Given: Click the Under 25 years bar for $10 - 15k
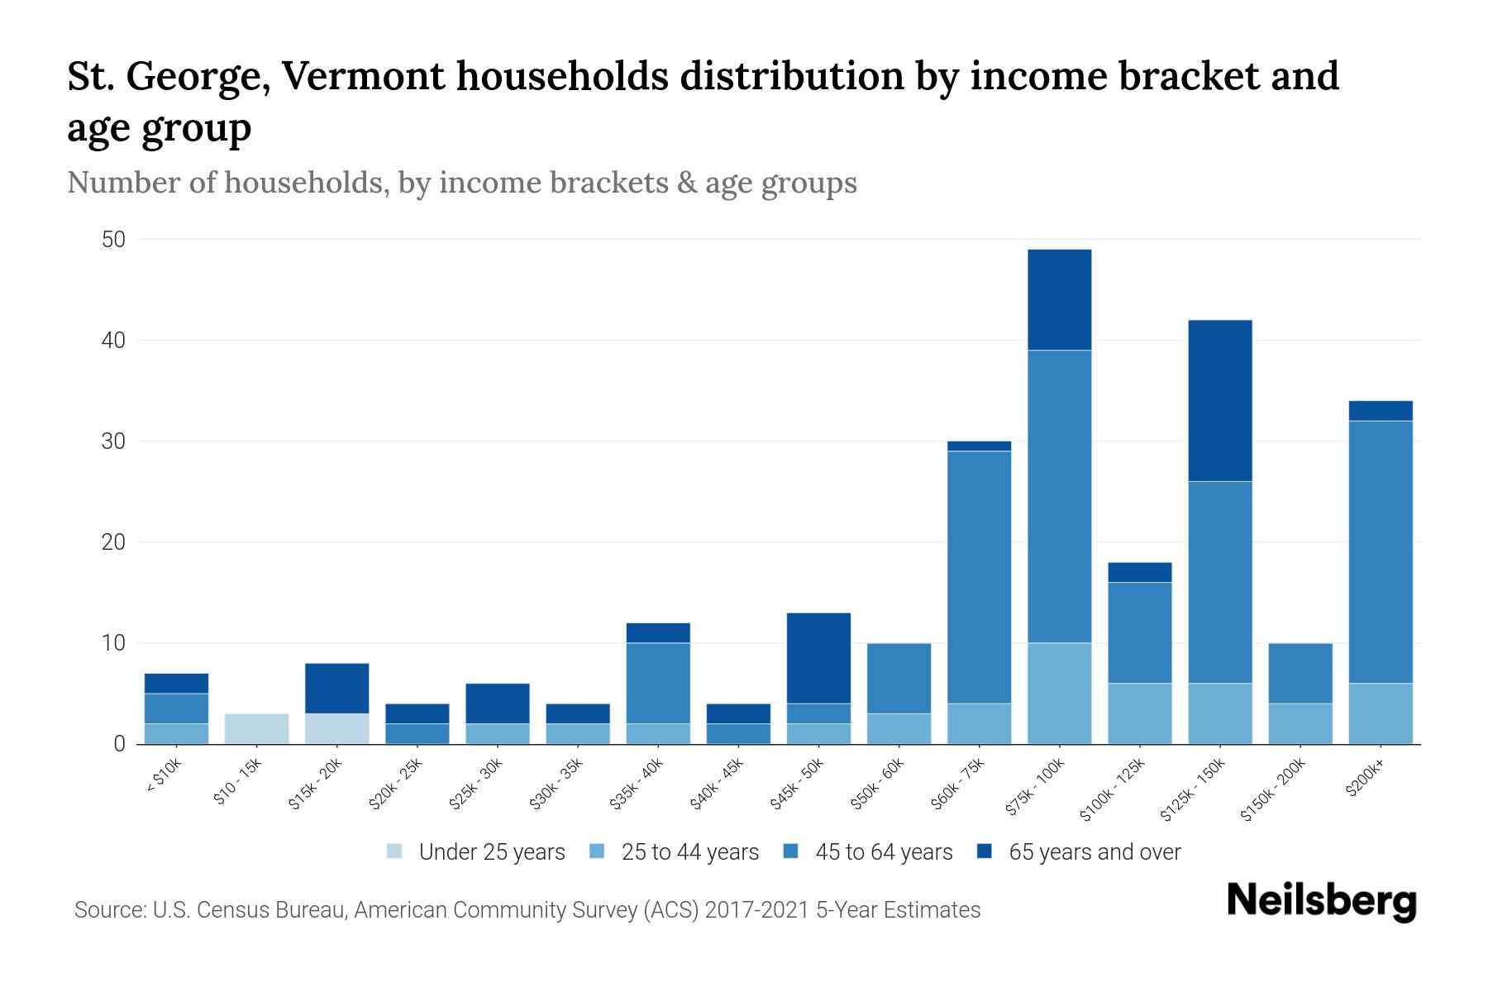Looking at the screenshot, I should [256, 728].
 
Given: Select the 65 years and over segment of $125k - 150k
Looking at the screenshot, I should [1219, 400].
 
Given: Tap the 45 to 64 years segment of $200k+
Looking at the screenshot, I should [1380, 551].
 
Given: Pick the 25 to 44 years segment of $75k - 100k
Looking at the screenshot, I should [1059, 693].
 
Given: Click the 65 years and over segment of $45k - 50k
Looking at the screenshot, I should [818, 658].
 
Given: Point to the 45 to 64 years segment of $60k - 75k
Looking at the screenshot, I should [979, 577].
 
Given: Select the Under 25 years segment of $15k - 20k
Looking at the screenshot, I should [336, 728].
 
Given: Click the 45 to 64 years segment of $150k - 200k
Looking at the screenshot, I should [1300, 673].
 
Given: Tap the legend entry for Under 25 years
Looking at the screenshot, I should [491, 852].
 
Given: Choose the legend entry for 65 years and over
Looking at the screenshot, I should [1094, 852].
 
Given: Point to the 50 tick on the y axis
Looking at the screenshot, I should [113, 240].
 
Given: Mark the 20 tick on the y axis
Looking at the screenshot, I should [113, 542].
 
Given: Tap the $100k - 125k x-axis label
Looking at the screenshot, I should [1114, 789].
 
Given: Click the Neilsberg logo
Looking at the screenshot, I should [1321, 901].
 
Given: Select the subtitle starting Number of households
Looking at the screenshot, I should [461, 183].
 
